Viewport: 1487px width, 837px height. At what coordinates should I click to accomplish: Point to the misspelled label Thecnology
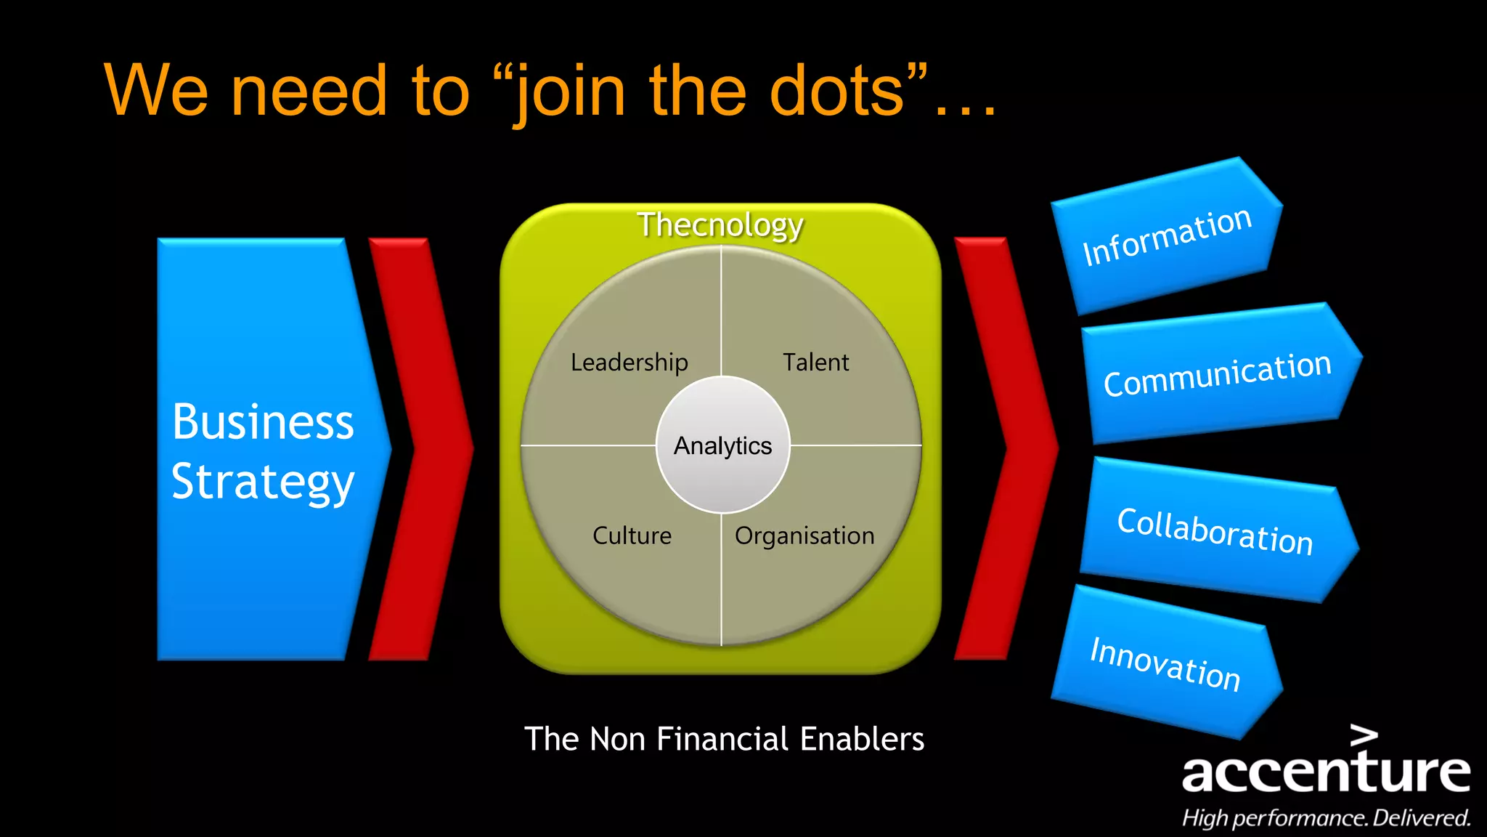720,225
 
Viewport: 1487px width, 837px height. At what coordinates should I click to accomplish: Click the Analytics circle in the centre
723,445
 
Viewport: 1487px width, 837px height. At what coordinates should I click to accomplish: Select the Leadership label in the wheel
629,362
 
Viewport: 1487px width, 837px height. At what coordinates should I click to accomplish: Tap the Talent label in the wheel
815,362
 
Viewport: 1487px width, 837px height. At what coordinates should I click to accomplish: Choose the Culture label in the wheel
632,535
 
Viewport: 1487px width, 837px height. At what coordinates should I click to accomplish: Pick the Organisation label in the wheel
804,535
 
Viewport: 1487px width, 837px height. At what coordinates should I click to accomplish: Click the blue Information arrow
1167,235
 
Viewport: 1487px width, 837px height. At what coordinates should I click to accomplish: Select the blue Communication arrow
1218,373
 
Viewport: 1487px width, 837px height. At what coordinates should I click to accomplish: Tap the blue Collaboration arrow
1215,531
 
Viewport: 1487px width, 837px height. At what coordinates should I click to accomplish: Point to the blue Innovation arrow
1165,662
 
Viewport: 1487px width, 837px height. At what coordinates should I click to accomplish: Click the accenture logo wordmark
1326,772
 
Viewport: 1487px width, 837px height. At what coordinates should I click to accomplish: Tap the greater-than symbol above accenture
1364,735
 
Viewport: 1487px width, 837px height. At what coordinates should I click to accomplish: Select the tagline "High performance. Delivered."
1326,818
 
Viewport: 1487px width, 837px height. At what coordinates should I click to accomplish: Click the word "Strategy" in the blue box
263,482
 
